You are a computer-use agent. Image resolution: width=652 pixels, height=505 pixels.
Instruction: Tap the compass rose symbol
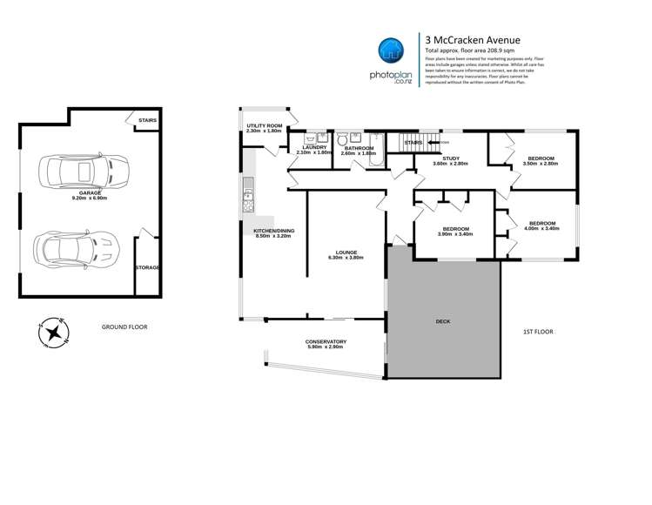tap(54, 332)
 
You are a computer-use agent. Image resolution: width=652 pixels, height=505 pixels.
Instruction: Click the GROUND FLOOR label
tap(124, 327)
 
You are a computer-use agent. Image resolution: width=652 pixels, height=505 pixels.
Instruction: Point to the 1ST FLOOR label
tap(538, 332)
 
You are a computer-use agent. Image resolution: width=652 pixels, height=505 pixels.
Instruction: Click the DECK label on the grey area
tap(443, 320)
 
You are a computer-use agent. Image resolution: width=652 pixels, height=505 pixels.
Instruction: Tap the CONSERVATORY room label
tap(326, 341)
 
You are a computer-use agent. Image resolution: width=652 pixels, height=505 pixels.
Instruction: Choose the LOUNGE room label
tap(343, 252)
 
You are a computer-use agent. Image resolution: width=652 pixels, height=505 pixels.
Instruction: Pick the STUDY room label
tap(450, 158)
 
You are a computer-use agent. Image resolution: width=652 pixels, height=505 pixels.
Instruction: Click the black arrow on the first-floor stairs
tap(432, 142)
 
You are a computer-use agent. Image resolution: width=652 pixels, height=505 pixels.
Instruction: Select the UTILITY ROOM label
tap(264, 126)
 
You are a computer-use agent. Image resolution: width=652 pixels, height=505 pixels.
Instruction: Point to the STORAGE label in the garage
tap(146, 267)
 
